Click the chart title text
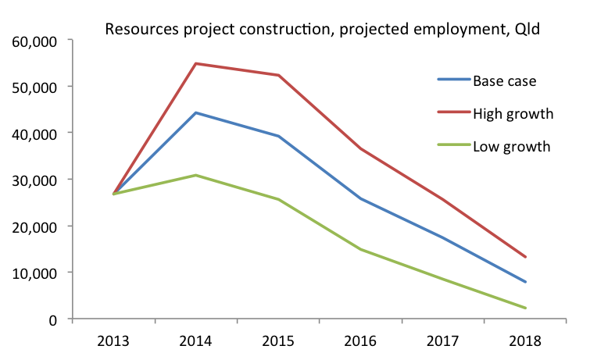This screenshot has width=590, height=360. pos(323,31)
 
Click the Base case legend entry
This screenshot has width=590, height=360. pos(504,80)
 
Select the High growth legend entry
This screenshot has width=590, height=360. pos(513,113)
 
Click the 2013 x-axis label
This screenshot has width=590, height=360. pos(114,341)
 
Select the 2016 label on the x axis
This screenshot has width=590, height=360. pos(360,341)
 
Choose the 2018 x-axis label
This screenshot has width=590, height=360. pos(525,341)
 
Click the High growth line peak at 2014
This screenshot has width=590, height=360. pos(196,63)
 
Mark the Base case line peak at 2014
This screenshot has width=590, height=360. pos(196,112)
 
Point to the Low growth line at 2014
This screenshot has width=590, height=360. pos(196,175)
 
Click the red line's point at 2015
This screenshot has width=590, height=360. pos(278,75)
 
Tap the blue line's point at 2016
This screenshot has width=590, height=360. pos(360,198)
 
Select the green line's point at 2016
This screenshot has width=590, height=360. pos(360,249)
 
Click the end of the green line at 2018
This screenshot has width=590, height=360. pos(525,308)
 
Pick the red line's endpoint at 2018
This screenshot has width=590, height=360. pos(525,257)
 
